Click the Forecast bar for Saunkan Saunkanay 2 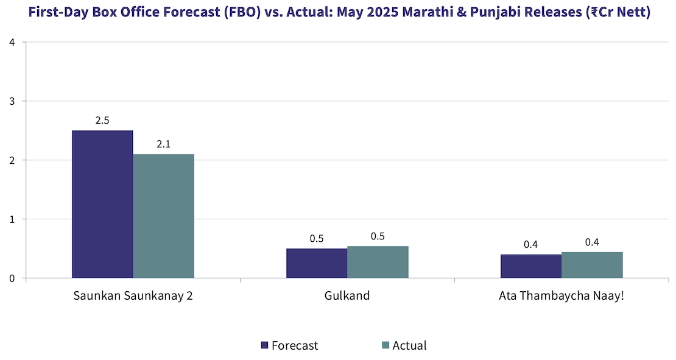[x=102, y=204]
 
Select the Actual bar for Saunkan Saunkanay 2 [x=163, y=216]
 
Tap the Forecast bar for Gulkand [x=317, y=263]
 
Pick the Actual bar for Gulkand [x=378, y=262]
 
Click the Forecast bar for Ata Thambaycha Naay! [x=531, y=266]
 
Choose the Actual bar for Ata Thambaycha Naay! [x=592, y=265]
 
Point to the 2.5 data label [x=102, y=121]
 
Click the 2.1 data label [x=163, y=144]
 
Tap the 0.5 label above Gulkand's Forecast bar [x=317, y=239]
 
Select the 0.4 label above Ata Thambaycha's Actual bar [x=592, y=242]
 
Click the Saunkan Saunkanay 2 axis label [x=133, y=297]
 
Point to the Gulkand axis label [x=347, y=297]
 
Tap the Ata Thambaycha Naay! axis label [x=561, y=297]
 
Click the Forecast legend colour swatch [x=264, y=345]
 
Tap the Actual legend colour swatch [x=385, y=345]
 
